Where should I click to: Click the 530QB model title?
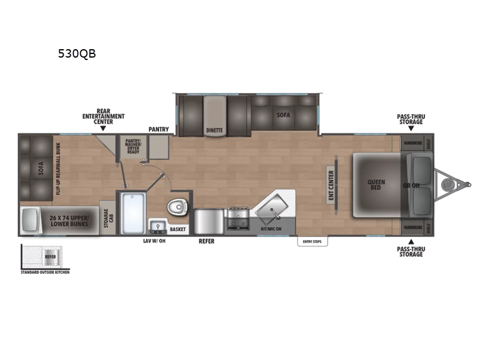(76, 53)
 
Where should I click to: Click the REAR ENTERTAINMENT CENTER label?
(103, 117)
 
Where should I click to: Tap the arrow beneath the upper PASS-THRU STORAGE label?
(410, 128)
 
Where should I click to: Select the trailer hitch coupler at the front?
(448, 184)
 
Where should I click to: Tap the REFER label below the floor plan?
(206, 242)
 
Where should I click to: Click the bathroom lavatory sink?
(159, 226)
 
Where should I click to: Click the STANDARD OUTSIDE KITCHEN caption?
(45, 272)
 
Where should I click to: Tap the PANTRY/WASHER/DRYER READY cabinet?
(133, 146)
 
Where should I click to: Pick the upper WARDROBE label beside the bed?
(411, 143)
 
